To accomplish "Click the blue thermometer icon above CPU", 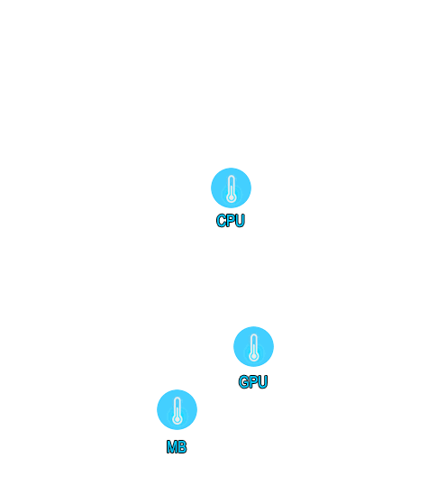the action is pos(231,188).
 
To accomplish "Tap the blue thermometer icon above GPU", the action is pos(253,346).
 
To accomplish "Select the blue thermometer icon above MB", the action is pos(177,409).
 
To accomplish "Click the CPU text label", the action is pos(231,221).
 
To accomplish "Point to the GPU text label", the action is pos(253,381).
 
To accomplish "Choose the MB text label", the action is pos(177,447).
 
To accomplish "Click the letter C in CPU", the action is pos(221,221).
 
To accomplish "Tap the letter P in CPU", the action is pos(231,221).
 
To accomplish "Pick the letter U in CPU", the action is pos(240,221).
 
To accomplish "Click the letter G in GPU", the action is pos(243,381).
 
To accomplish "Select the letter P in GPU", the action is pos(253,381).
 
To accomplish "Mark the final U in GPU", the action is pos(262,381).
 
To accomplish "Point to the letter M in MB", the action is pos(172,447).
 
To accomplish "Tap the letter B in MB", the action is pos(182,447).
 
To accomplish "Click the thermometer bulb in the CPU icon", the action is pos(231,197).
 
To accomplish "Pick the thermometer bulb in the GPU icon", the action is pos(253,356).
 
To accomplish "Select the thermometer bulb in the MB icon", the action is pos(178,419).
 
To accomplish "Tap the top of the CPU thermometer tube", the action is pos(231,177).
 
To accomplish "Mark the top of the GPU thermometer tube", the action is pos(254,335).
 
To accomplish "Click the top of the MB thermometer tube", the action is pos(178,398).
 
